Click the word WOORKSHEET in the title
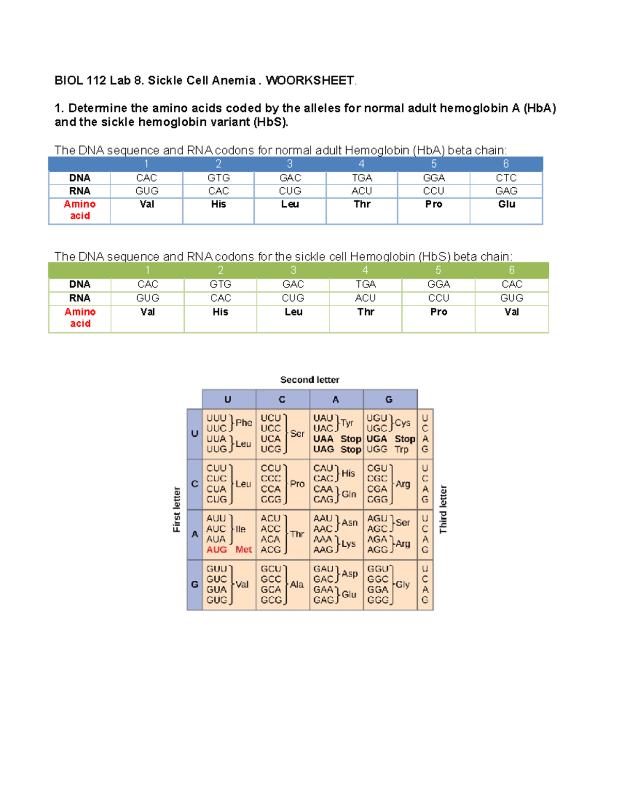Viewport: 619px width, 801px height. pyautogui.click(x=309, y=80)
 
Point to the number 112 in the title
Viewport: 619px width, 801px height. pyautogui.click(x=96, y=80)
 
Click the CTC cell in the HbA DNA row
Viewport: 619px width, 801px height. pyautogui.click(x=506, y=178)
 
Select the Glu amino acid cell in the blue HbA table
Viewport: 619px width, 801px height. pyautogui.click(x=506, y=204)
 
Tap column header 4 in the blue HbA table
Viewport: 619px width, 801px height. pyautogui.click(x=362, y=164)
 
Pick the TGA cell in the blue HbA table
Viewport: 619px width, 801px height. pyautogui.click(x=362, y=178)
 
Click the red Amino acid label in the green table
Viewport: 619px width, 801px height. pyautogui.click(x=80, y=318)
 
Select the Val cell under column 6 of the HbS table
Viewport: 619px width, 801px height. pyautogui.click(x=511, y=312)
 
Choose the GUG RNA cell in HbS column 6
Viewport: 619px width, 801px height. pyautogui.click(x=511, y=298)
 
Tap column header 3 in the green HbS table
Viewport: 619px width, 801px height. pyautogui.click(x=293, y=270)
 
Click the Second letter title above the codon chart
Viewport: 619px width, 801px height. pyautogui.click(x=309, y=380)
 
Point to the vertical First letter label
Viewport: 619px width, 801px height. pyautogui.click(x=177, y=510)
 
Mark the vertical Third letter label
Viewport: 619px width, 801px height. pyautogui.click(x=443, y=510)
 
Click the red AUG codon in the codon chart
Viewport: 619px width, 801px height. pyautogui.click(x=217, y=550)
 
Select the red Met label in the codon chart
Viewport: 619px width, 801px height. pyautogui.click(x=243, y=550)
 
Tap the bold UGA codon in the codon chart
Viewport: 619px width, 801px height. pyautogui.click(x=377, y=439)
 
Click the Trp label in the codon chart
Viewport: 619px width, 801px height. pyautogui.click(x=401, y=450)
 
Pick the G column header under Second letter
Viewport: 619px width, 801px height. pyautogui.click(x=389, y=400)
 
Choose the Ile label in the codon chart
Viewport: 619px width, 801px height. pyautogui.click(x=240, y=529)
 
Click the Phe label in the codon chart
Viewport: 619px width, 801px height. pyautogui.click(x=243, y=423)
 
